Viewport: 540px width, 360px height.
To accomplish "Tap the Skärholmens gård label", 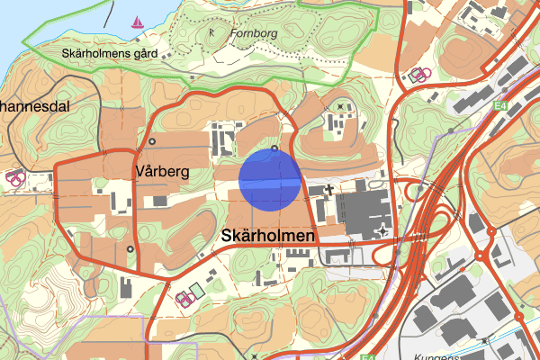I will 110,53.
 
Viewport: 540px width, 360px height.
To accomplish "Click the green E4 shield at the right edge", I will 499,105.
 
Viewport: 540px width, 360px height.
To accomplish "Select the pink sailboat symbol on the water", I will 138,22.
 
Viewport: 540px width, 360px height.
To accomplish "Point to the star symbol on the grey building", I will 384,232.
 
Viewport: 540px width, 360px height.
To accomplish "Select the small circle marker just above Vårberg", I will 152,141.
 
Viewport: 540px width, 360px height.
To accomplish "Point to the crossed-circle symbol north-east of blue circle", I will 340,107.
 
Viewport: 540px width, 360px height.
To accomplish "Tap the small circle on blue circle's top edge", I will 274,148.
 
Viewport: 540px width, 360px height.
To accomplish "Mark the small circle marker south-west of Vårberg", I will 130,249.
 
